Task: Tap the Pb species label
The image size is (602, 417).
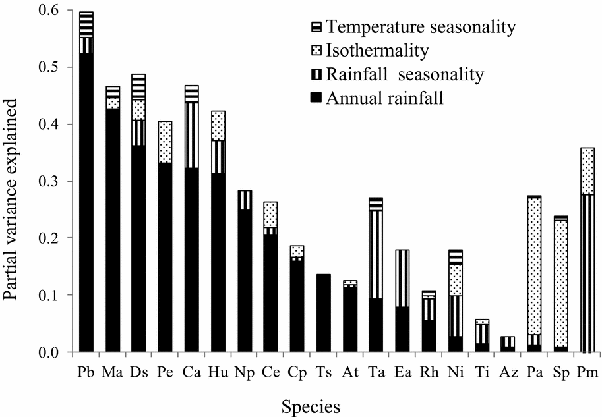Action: point(86,373)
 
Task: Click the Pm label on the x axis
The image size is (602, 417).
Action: point(587,373)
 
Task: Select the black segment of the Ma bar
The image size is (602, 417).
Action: point(113,231)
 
